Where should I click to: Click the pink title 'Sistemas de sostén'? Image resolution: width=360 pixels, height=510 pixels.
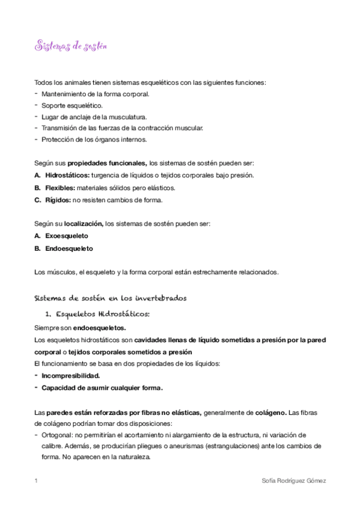click(x=70, y=46)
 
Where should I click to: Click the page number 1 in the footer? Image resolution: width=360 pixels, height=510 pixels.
click(x=37, y=481)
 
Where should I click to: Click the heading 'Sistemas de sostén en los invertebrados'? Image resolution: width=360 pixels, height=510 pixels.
click(x=111, y=297)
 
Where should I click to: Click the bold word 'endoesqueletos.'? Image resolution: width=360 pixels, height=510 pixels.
click(x=100, y=328)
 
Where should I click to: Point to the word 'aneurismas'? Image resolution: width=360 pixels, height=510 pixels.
click(x=172, y=446)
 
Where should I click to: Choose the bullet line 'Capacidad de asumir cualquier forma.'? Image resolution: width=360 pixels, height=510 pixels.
click(x=102, y=387)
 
